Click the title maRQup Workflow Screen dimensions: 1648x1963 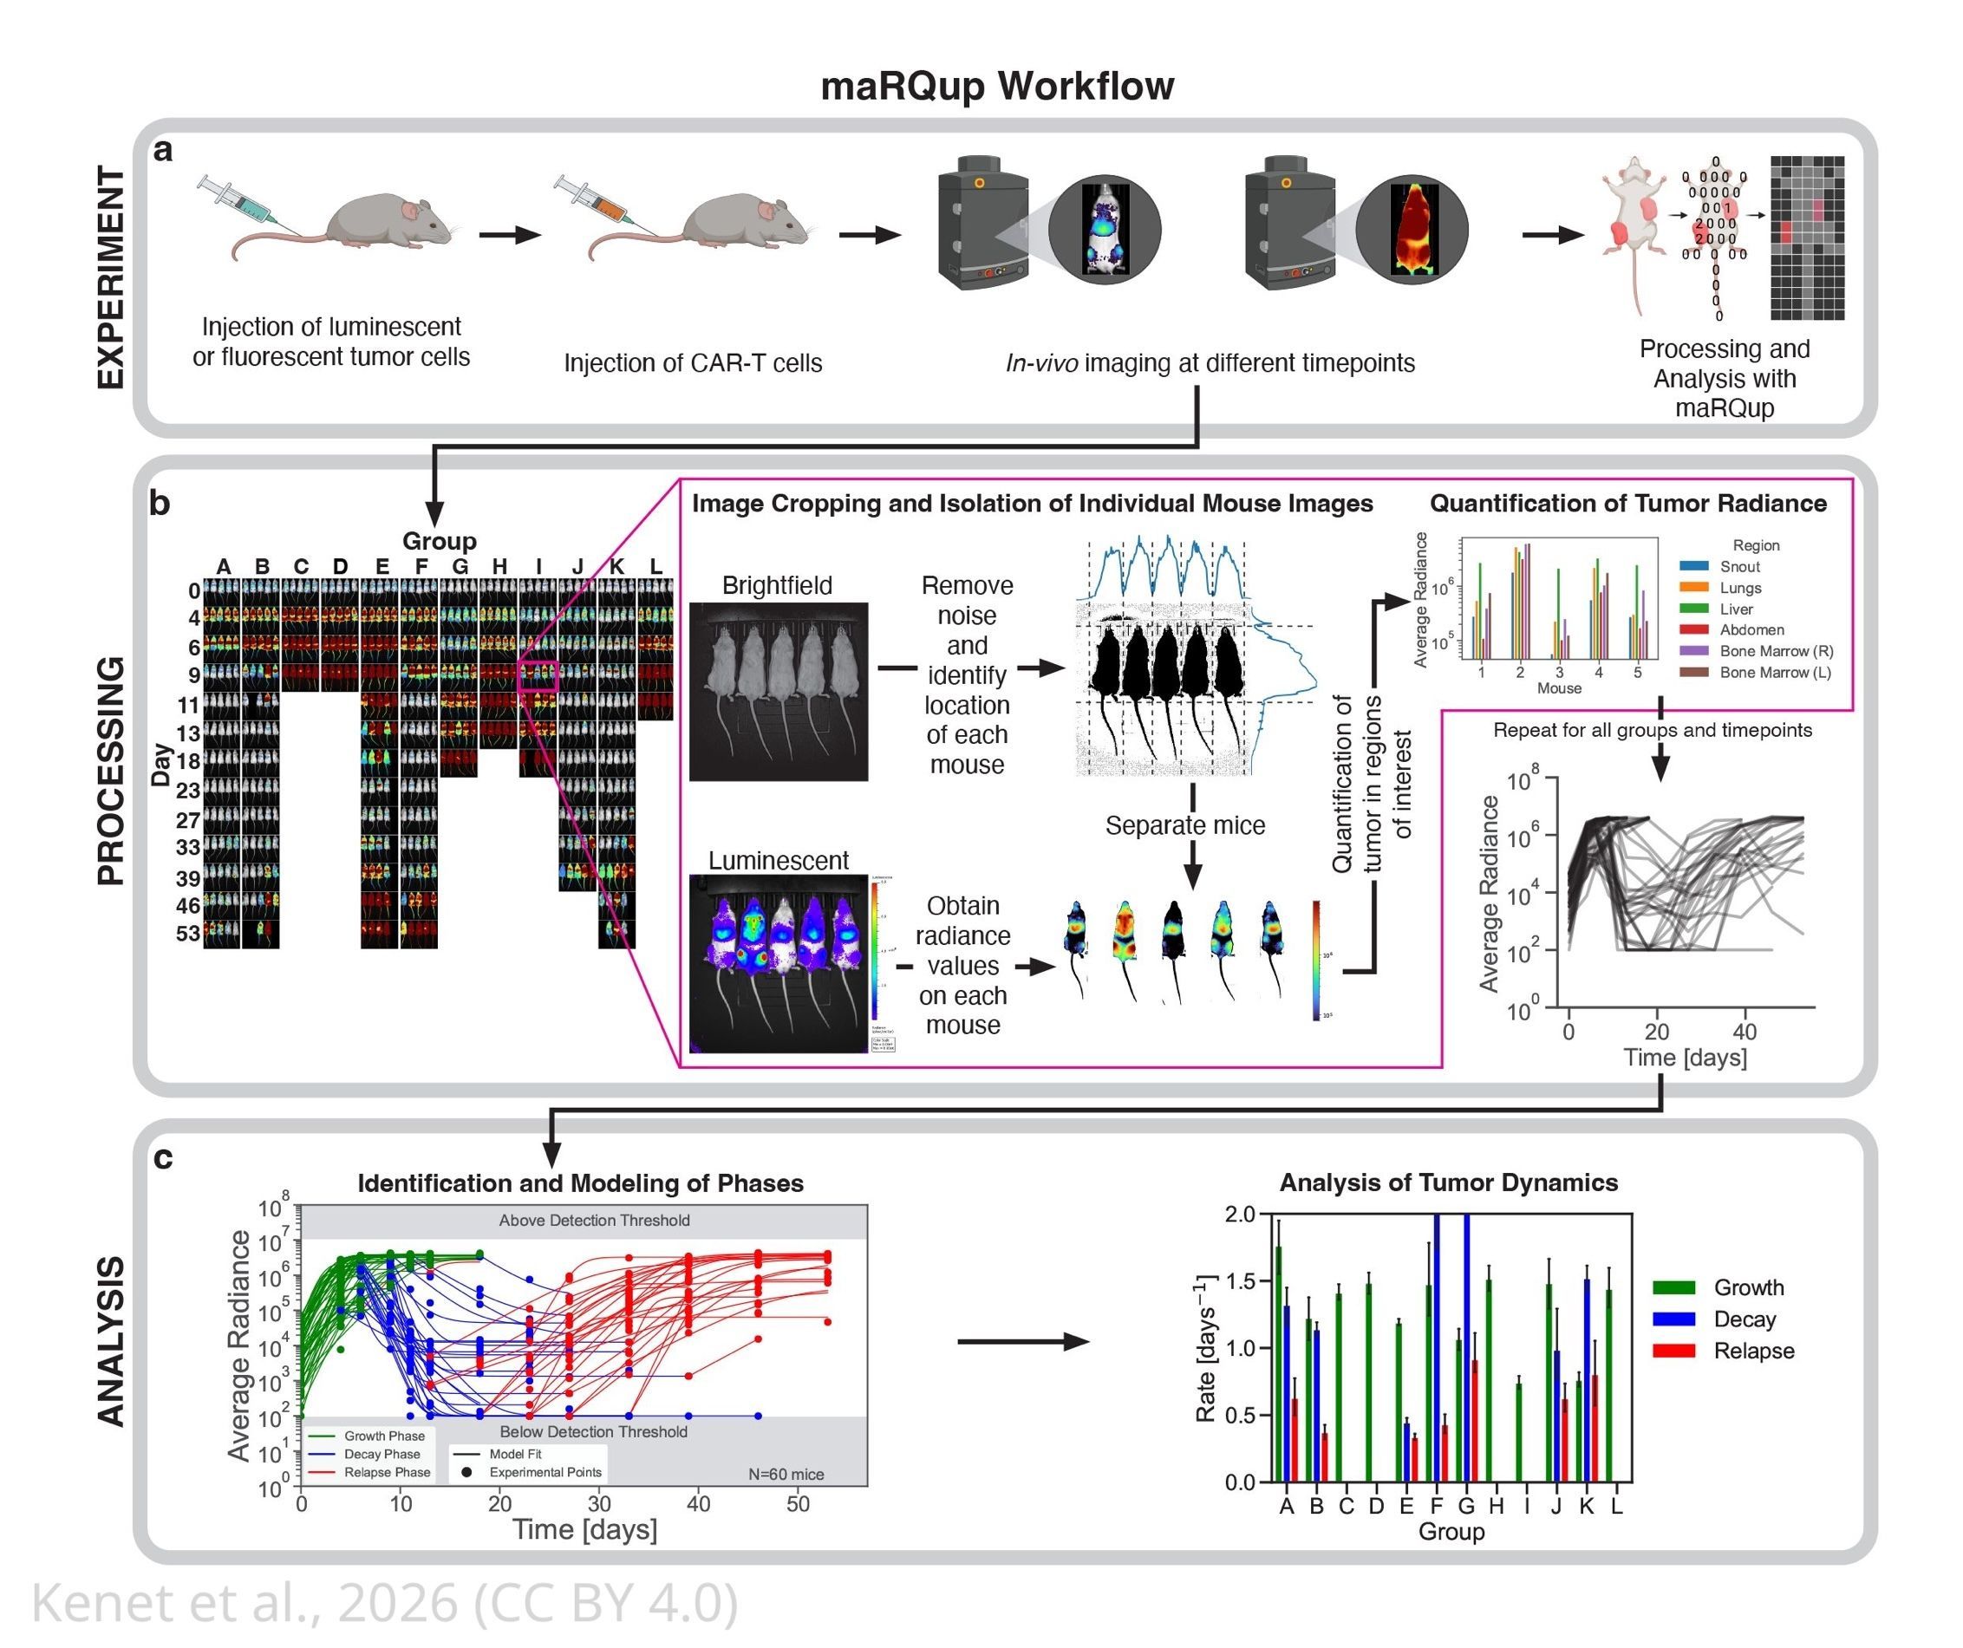(996, 86)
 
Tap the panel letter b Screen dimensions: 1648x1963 (160, 504)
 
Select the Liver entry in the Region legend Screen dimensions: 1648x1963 (1736, 609)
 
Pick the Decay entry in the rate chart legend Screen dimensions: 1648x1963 (1744, 1319)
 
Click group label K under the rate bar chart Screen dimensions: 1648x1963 (1587, 1506)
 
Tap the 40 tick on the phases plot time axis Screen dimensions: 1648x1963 (698, 1504)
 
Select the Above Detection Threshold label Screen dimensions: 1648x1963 (594, 1220)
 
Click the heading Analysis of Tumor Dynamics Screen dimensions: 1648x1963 (1448, 1182)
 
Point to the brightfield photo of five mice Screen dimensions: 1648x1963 (778, 692)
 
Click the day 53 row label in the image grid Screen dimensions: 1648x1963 (188, 933)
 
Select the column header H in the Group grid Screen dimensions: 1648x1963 (500, 566)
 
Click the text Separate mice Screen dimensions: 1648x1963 (1184, 825)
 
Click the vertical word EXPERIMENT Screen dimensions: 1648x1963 (111, 277)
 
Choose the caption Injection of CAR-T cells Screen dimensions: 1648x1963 (693, 362)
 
